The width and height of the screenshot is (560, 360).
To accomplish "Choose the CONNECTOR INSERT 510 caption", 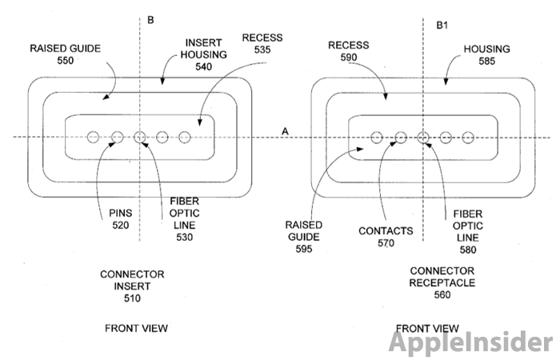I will pos(132,286).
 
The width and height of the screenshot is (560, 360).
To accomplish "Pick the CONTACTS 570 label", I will pos(386,237).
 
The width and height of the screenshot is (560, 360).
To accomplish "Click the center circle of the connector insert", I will pos(140,137).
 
